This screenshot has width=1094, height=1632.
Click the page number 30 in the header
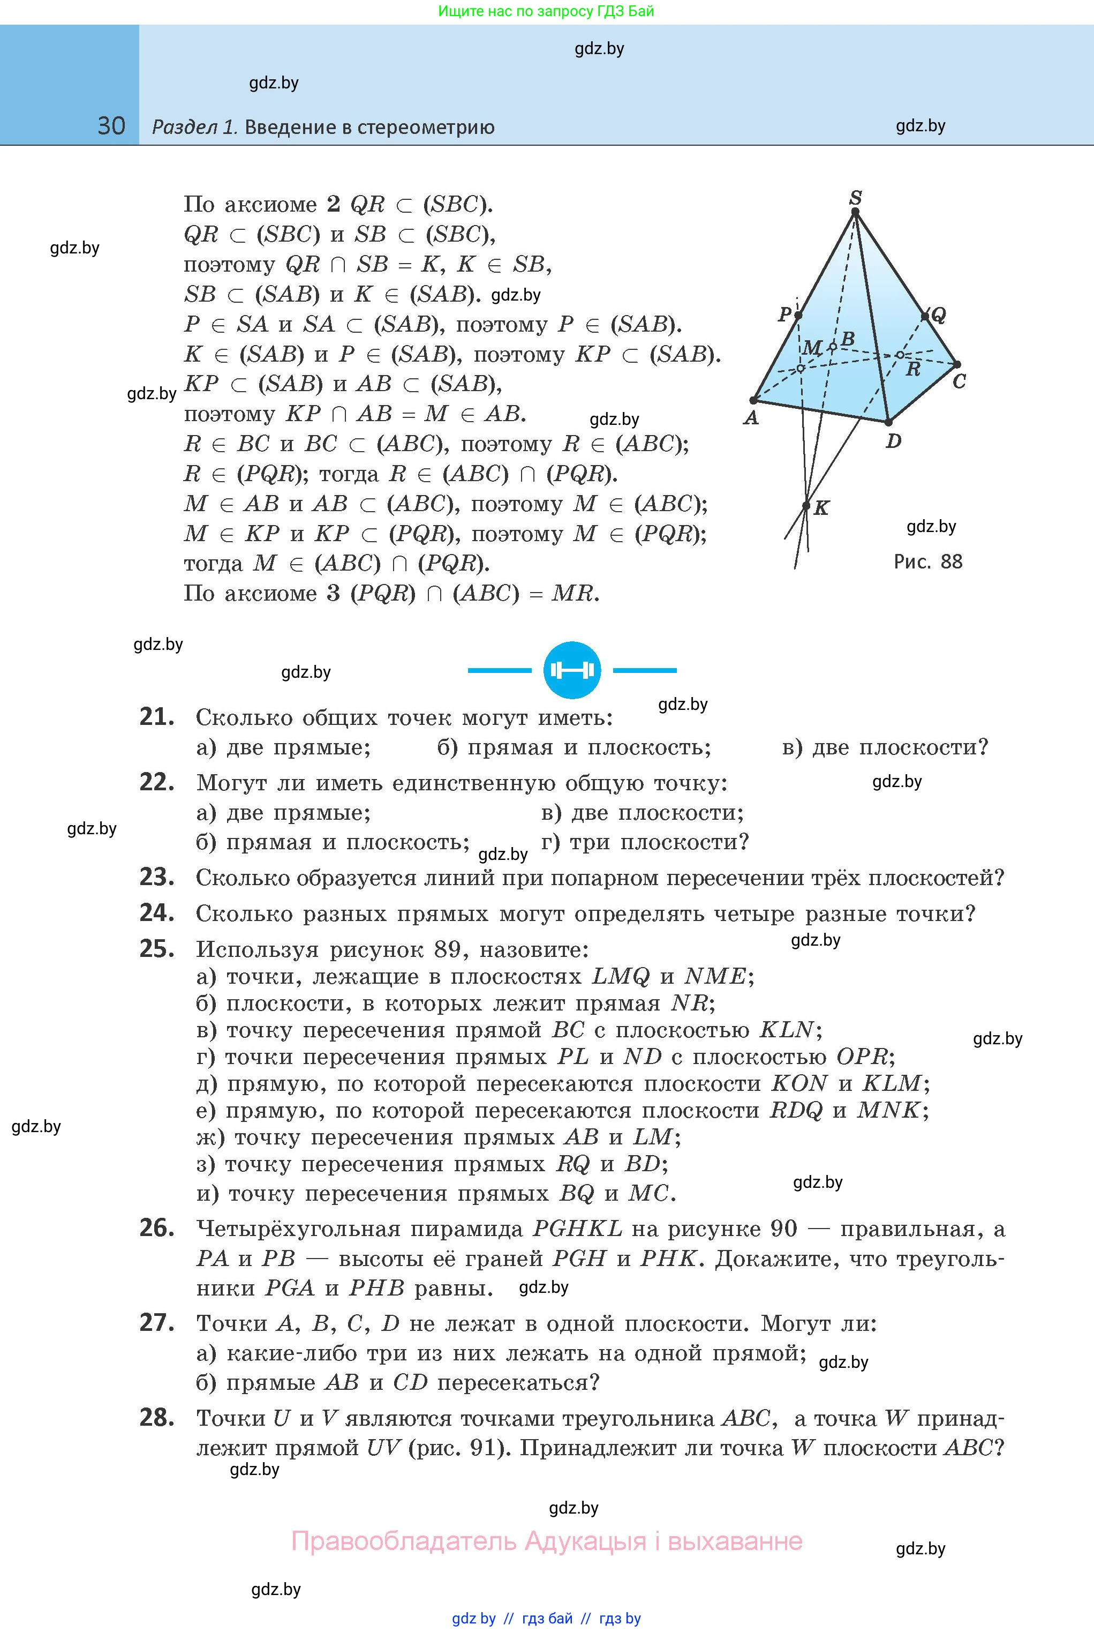tap(111, 126)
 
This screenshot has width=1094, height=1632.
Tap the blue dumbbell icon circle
tap(572, 670)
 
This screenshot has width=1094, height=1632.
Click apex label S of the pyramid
tap(855, 198)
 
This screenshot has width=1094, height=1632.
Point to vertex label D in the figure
tap(893, 441)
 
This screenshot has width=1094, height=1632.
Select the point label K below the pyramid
tap(822, 508)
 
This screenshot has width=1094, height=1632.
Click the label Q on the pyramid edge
tap(938, 316)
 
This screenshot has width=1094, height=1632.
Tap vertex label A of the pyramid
tap(751, 418)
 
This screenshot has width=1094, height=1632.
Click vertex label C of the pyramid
tap(960, 382)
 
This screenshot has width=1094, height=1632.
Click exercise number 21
tap(156, 717)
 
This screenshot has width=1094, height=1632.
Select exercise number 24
tap(156, 913)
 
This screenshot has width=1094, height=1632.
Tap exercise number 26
tap(156, 1228)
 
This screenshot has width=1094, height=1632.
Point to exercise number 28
tap(156, 1418)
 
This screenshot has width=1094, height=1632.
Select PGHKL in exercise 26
tap(577, 1229)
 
